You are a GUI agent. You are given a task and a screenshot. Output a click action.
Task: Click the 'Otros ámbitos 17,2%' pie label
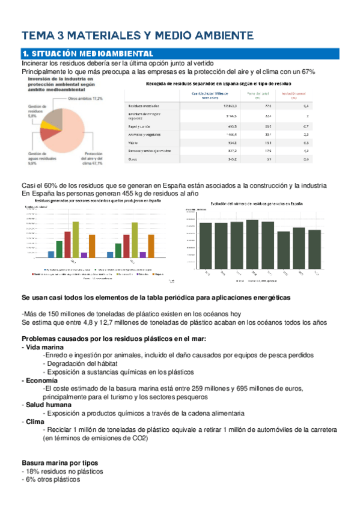[85, 98]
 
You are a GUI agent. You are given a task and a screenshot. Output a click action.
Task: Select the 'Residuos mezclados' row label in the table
[145, 105]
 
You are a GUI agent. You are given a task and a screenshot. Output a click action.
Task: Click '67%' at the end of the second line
[307, 72]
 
